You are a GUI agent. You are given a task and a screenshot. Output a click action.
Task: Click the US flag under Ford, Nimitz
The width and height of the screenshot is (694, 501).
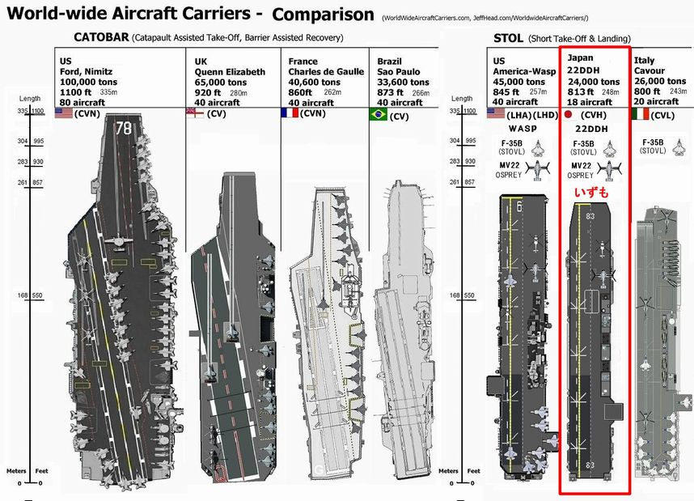[64, 114]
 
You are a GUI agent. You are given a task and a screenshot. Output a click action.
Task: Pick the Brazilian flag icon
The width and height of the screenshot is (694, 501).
[379, 115]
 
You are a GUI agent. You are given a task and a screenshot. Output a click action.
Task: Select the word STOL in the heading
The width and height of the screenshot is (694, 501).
[509, 38]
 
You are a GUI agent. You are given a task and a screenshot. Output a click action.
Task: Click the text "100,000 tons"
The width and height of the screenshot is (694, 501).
[90, 83]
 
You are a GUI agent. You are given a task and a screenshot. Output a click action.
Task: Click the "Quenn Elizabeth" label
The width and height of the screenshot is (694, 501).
[231, 72]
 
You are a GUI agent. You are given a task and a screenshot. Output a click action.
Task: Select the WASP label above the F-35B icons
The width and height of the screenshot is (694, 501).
[523, 129]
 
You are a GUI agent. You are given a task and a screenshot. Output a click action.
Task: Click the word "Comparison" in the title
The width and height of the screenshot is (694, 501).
[323, 15]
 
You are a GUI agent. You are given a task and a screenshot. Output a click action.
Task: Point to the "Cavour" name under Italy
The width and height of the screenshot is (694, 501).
[651, 71]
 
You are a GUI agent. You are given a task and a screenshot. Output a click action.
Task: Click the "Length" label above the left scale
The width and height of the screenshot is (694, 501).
[30, 100]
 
